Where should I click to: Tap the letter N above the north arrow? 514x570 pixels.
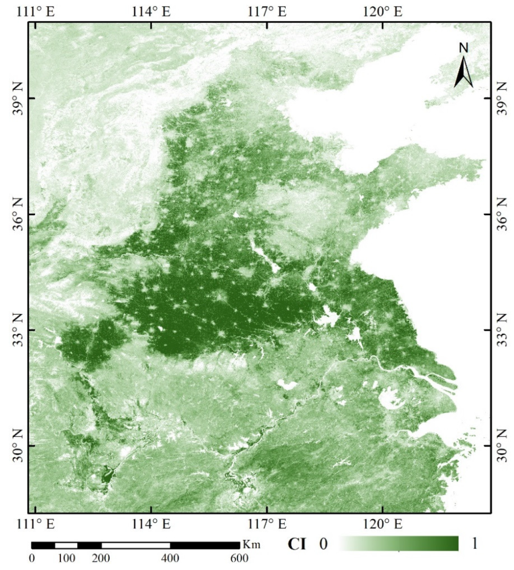click(x=464, y=48)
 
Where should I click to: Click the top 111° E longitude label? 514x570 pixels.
click(x=36, y=11)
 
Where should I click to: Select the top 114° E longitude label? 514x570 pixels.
click(x=151, y=11)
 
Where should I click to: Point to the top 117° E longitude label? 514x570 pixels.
click(x=267, y=11)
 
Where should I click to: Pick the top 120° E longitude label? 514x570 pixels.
click(x=383, y=11)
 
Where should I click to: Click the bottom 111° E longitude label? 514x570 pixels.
click(x=36, y=524)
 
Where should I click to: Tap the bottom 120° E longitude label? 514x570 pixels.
click(x=383, y=524)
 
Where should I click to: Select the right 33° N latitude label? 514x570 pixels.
click(x=503, y=330)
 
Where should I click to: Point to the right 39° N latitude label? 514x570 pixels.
click(x=503, y=98)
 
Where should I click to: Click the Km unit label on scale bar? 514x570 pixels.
click(x=252, y=545)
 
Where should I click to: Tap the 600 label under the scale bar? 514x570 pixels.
click(x=239, y=558)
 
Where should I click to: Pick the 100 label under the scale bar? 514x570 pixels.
click(x=66, y=558)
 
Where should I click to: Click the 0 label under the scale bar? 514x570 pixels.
click(x=32, y=558)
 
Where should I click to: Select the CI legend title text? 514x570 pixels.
click(x=297, y=544)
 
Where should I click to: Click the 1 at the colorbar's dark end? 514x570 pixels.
click(x=474, y=544)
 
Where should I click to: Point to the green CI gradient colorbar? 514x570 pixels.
click(x=399, y=544)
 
